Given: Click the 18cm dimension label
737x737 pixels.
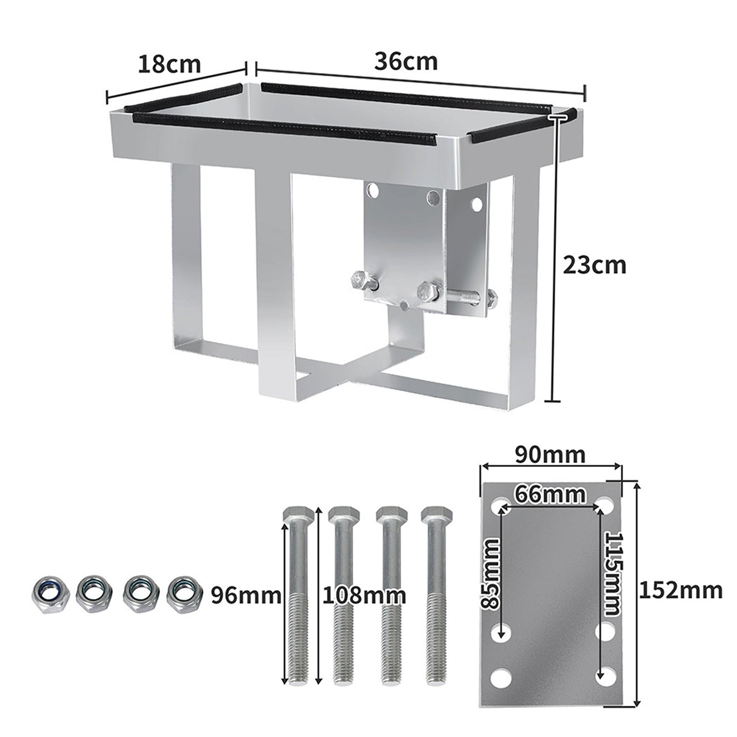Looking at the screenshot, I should pyautogui.click(x=169, y=65).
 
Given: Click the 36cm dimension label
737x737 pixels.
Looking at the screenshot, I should pyautogui.click(x=405, y=62).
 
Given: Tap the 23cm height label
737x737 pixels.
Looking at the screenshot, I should pyautogui.click(x=594, y=266).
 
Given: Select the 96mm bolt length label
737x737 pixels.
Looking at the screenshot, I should pyautogui.click(x=246, y=595).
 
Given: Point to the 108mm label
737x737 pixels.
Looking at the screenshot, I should pyautogui.click(x=365, y=595).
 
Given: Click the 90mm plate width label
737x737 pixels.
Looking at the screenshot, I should pyautogui.click(x=549, y=453).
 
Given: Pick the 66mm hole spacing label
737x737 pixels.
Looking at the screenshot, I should pyautogui.click(x=549, y=494).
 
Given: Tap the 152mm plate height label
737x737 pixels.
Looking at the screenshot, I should pyautogui.click(x=680, y=591).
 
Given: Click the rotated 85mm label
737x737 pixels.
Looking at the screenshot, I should pyautogui.click(x=492, y=573).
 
